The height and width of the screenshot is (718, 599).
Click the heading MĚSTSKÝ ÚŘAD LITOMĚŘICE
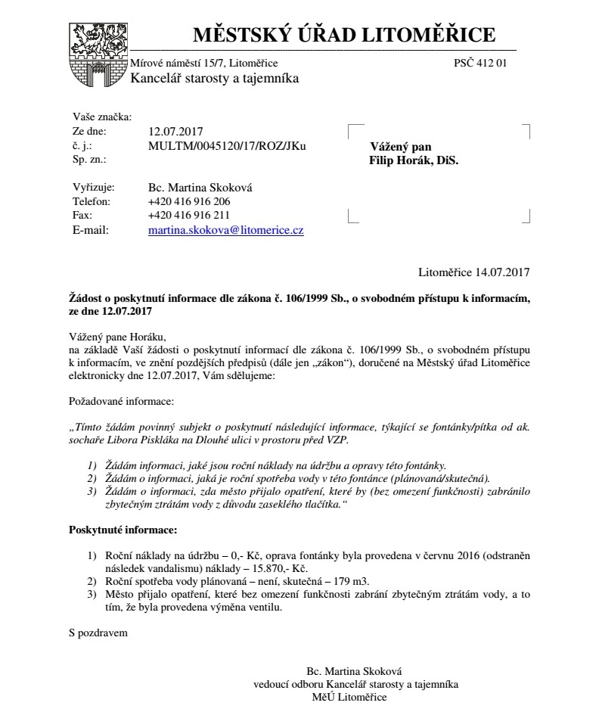344,35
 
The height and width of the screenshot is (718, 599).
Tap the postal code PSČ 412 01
480,63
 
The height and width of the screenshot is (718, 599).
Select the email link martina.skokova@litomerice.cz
226,230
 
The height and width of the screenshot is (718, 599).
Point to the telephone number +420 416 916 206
189,201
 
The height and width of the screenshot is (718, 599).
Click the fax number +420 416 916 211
189,216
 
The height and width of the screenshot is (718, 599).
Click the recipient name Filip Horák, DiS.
414,160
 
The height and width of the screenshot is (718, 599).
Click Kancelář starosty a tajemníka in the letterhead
215,78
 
